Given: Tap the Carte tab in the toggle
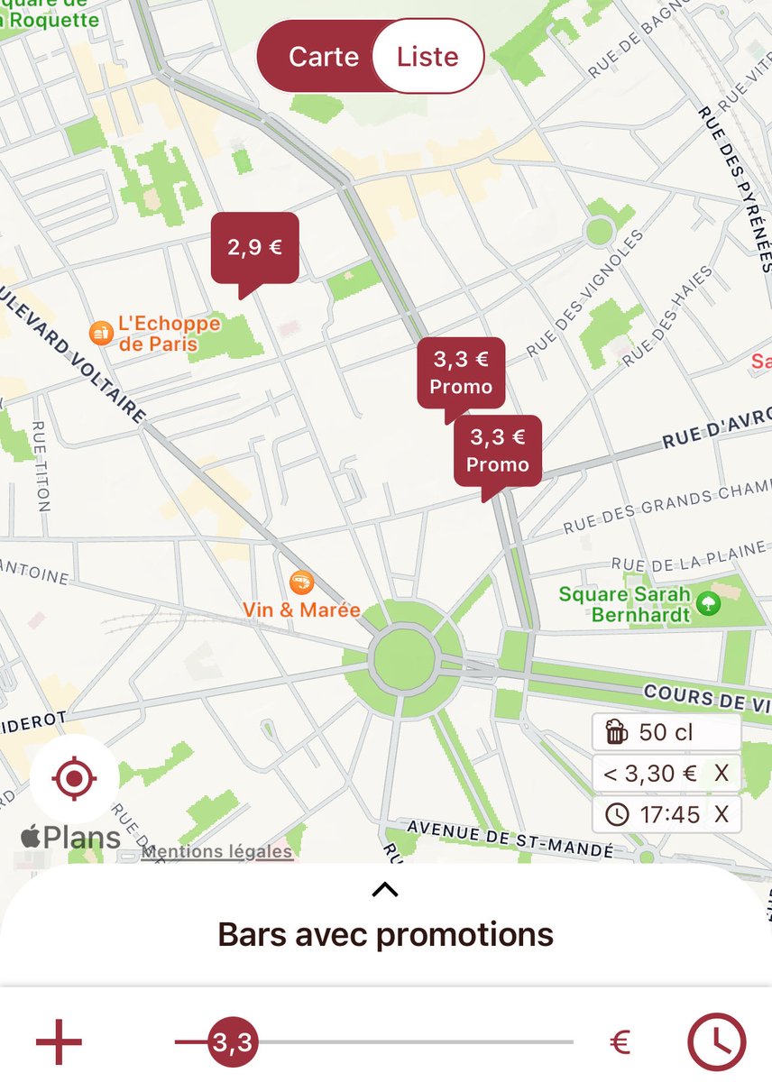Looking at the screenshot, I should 323,57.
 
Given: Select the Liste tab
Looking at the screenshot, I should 427,57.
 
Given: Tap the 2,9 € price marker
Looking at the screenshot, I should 254,247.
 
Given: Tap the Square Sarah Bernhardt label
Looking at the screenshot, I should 624,604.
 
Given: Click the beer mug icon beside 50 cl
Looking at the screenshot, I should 617,732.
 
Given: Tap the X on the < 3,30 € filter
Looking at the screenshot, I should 721,773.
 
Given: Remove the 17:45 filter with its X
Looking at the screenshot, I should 721,814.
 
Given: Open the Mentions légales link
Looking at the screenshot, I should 216,851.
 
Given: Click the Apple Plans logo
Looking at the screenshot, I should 70,838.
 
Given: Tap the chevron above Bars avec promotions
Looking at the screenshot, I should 385,890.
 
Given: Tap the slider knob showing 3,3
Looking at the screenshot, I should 232,1043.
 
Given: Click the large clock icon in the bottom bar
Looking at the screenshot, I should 718,1042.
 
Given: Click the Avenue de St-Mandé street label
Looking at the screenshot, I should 510,839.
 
